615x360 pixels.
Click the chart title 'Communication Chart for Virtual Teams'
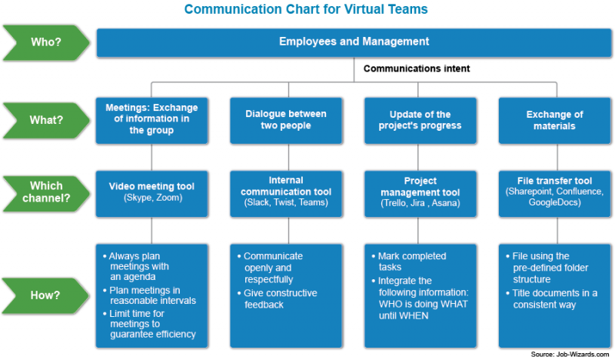(x=306, y=10)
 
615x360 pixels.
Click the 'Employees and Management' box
(x=354, y=42)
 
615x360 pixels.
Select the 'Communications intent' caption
(x=417, y=68)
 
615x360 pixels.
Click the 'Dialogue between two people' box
(x=285, y=120)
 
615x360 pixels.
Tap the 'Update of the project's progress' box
(x=420, y=120)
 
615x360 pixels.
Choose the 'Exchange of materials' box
(x=554, y=120)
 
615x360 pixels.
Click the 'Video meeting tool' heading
(x=151, y=186)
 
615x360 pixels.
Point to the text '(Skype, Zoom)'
(x=151, y=198)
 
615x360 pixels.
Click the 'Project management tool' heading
(x=420, y=187)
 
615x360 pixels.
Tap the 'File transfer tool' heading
(x=554, y=181)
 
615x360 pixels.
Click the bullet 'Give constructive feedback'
(x=279, y=299)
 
